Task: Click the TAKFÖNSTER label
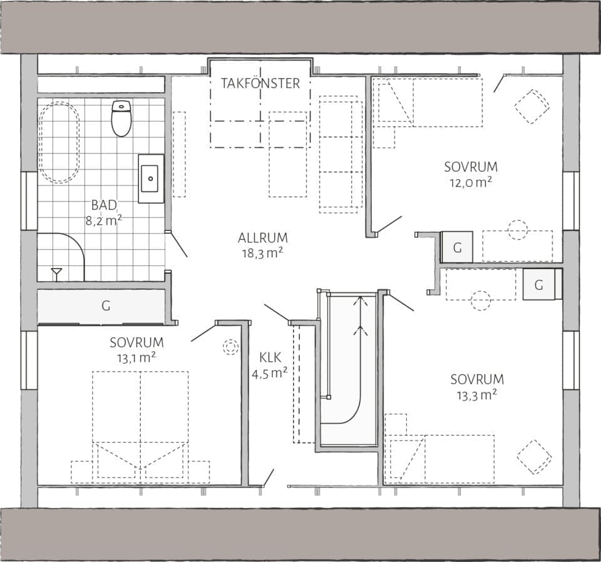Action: tap(260, 83)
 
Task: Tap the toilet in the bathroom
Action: tap(121, 118)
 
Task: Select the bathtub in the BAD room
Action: tap(59, 143)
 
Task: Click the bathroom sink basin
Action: tap(150, 178)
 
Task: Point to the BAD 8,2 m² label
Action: tap(103, 212)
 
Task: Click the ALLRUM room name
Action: tap(262, 238)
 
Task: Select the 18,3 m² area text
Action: tap(262, 252)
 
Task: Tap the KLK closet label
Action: tap(270, 358)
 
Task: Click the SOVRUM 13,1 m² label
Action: tap(136, 350)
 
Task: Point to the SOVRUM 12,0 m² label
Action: tap(471, 174)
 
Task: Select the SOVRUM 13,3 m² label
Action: tap(476, 386)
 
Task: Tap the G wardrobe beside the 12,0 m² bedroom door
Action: tap(457, 247)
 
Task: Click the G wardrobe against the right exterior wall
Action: tap(539, 285)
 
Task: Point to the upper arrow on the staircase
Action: tap(361, 302)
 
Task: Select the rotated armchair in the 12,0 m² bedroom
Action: tap(532, 106)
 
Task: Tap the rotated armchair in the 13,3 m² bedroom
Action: tap(534, 457)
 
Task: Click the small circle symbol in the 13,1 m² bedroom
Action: tap(230, 347)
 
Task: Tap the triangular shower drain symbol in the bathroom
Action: tap(57, 272)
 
